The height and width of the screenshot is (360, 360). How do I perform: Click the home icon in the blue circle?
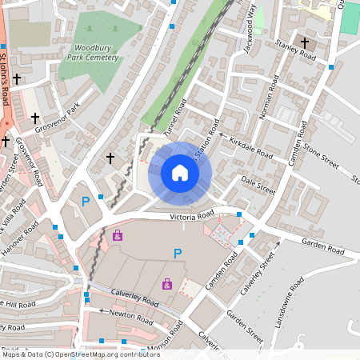(x=179, y=172)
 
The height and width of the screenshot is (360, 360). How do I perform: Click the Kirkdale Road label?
(x=250, y=146)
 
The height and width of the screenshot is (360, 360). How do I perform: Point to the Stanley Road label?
(x=295, y=50)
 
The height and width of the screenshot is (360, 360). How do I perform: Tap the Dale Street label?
(x=258, y=186)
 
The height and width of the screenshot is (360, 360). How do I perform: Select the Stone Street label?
(x=319, y=149)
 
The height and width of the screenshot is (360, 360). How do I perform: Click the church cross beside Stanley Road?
(x=304, y=42)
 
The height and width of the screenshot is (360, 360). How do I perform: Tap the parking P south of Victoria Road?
(x=178, y=254)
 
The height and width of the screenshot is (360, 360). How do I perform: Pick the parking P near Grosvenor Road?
(x=86, y=201)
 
